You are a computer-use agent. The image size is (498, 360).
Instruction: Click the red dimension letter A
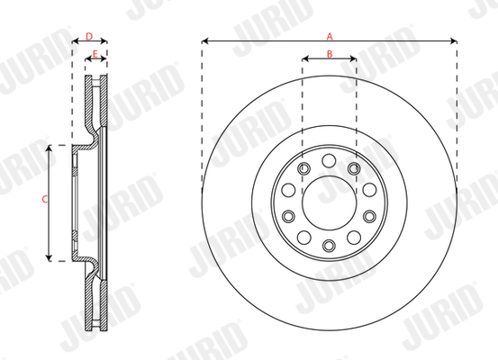(330, 37)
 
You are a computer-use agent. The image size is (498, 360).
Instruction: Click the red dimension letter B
(330, 54)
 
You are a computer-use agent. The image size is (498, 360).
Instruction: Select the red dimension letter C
(45, 200)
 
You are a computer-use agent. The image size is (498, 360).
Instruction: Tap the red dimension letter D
(89, 37)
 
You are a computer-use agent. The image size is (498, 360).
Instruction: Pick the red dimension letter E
(95, 54)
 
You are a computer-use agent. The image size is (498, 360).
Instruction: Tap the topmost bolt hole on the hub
(329, 160)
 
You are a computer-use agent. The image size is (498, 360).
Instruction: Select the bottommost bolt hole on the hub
(329, 246)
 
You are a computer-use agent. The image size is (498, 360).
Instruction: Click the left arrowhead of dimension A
(205, 41)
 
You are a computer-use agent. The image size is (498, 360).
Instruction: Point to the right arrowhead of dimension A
(454, 41)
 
